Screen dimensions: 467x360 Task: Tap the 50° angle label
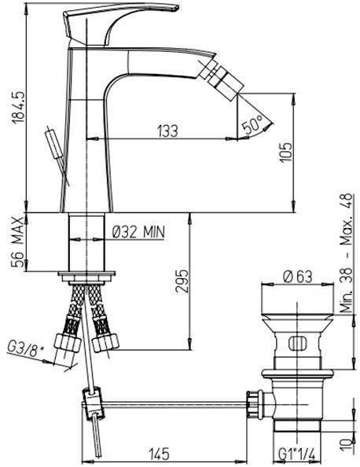point(252,123)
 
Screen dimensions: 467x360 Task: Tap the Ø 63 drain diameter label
point(297,276)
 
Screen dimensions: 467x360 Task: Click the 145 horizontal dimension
point(160,454)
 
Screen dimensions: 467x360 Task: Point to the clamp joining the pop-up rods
point(92,404)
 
